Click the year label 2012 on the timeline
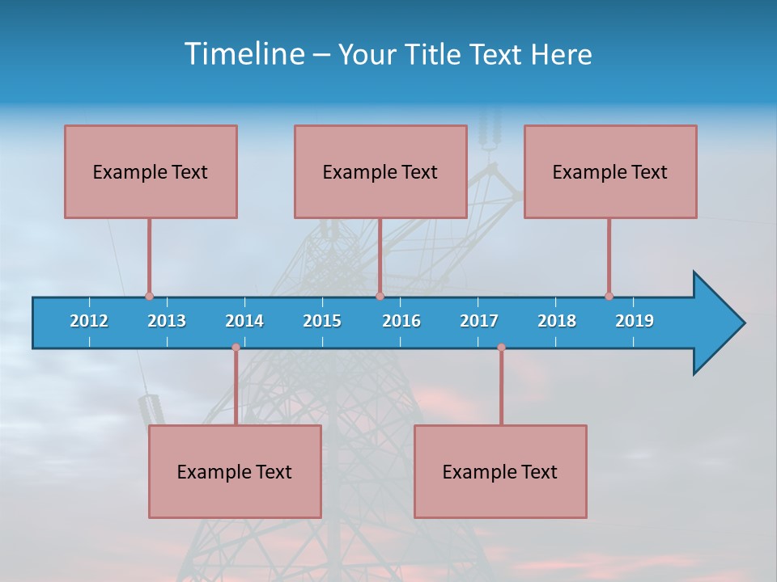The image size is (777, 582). (89, 321)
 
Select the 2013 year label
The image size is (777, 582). (167, 321)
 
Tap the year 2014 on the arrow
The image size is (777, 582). (244, 321)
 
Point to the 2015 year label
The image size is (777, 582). (322, 321)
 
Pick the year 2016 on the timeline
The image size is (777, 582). (401, 321)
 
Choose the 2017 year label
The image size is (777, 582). (479, 321)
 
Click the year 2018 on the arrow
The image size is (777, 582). (557, 321)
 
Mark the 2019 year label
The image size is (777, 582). (635, 321)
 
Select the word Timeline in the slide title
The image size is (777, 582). (244, 54)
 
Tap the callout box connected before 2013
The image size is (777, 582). (151, 171)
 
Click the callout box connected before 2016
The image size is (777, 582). (380, 171)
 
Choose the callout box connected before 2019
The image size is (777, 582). (610, 171)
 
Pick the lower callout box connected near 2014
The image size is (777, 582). (235, 471)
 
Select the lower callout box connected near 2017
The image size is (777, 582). (500, 471)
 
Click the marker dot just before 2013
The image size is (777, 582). (149, 297)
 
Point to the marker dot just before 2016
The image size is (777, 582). (380, 297)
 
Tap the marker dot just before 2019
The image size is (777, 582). (609, 297)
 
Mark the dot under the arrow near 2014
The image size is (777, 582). (236, 348)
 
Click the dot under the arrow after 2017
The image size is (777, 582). (501, 348)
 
